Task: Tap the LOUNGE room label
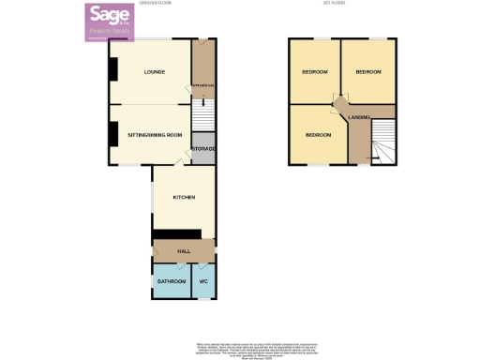pos(155,71)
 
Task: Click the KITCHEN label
pos(183,197)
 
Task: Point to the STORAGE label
pos(203,149)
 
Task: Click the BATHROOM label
pos(172,281)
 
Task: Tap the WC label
pos(203,281)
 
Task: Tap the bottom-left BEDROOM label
pos(318,135)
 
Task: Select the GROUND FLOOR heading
pos(155,4)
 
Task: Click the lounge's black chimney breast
pos(112,69)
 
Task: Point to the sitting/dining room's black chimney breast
pos(112,135)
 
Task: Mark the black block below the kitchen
pos(177,234)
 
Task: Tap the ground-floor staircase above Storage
pos(203,118)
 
